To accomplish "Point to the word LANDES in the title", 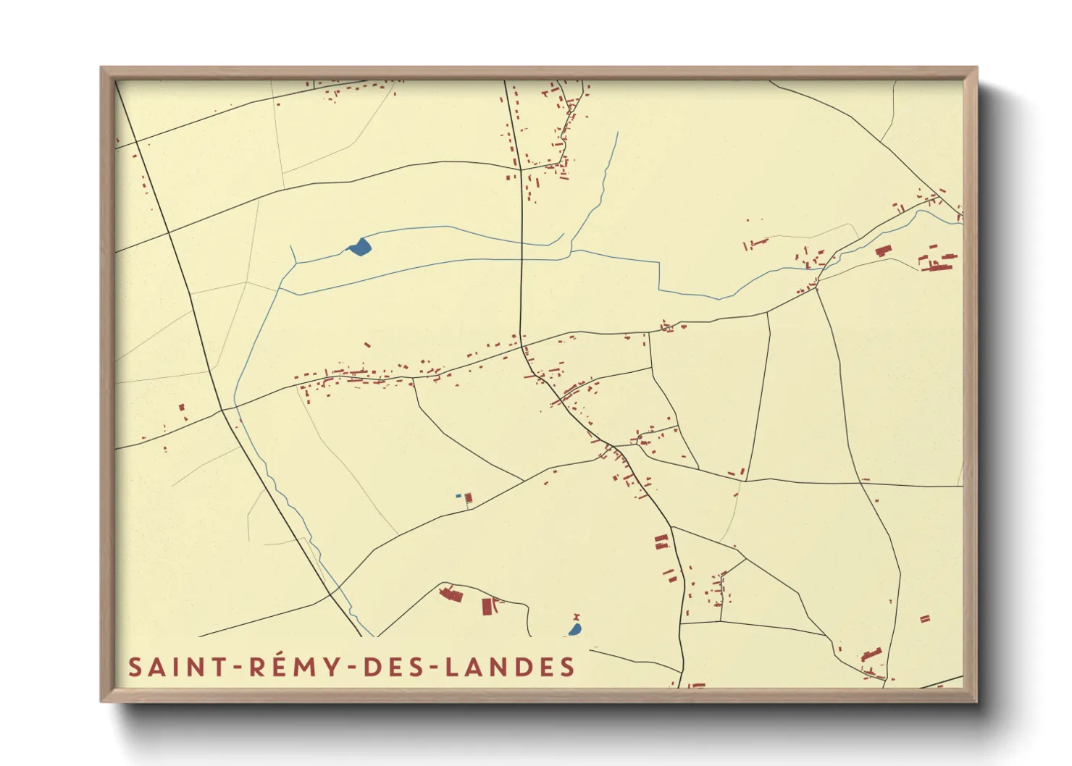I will point(510,667).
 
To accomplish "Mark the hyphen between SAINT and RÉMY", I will point(236,668).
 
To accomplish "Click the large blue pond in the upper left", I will point(360,247).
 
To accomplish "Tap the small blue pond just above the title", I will point(575,630).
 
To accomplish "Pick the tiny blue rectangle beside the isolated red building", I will point(458,495).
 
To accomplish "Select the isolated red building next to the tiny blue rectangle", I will point(469,498).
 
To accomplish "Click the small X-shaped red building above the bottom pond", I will point(577,617).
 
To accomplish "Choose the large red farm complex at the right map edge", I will point(939,263).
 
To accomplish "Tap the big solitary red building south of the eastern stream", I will point(882,251).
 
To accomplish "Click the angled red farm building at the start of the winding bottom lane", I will point(451,594).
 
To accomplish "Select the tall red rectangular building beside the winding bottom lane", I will point(487,606).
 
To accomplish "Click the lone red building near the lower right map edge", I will point(924,619).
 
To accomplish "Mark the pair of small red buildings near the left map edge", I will point(183,412).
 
